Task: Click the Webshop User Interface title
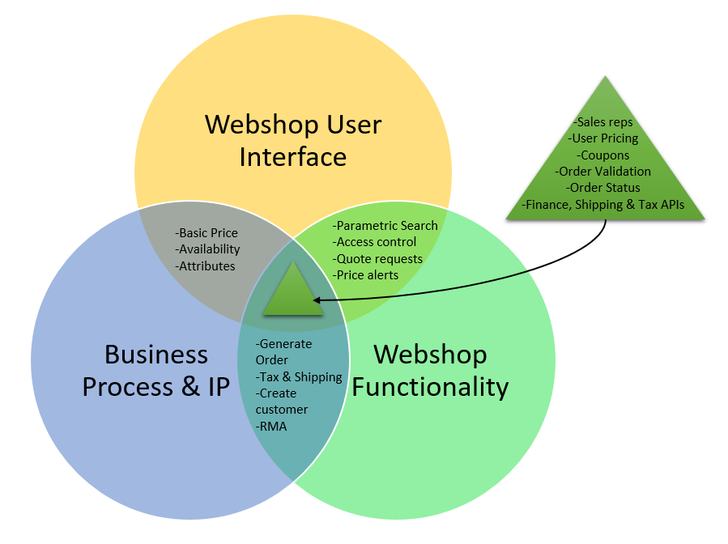point(292,140)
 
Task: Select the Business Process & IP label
point(156,370)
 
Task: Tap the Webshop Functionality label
point(430,370)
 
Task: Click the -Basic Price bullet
point(206,233)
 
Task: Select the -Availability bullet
point(207,249)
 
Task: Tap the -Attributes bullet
point(205,266)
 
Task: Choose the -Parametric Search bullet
point(385,226)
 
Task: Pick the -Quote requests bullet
point(378,259)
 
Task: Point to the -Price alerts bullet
point(366,275)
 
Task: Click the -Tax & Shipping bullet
point(299,377)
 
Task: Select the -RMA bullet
point(271,427)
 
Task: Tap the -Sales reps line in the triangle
point(605,121)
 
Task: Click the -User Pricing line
point(605,138)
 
